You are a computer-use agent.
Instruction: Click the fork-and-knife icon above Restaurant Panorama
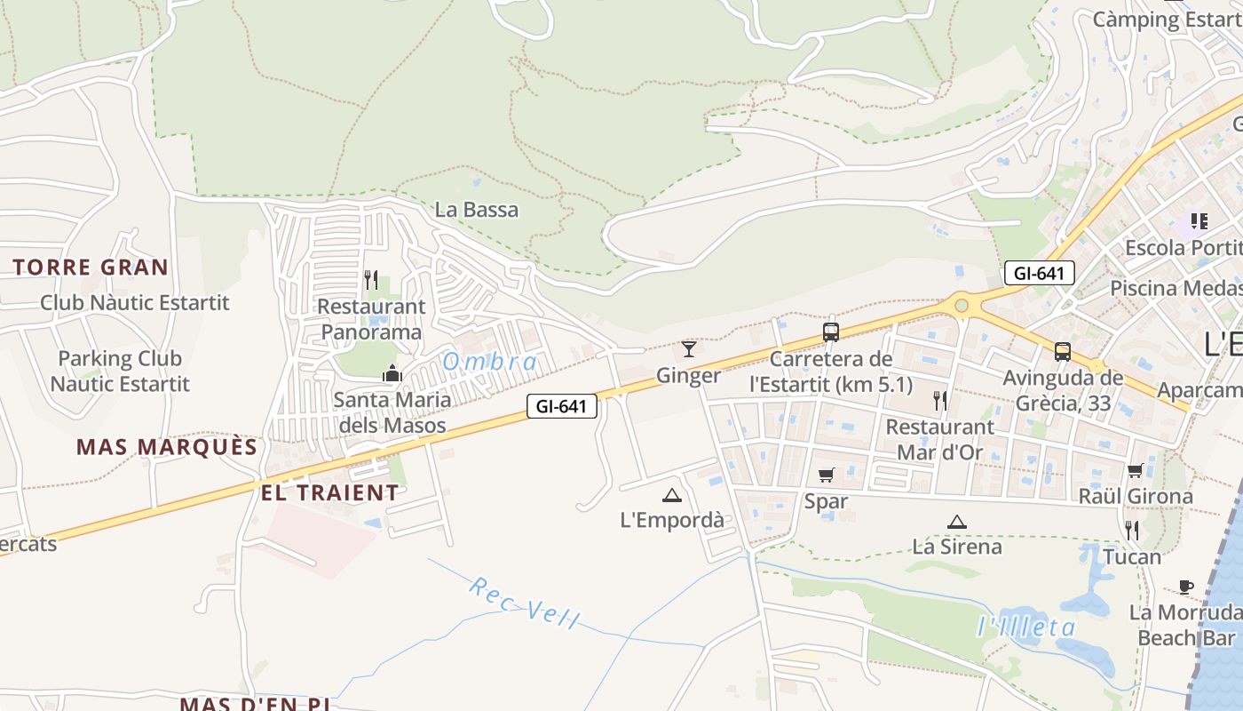[x=371, y=280]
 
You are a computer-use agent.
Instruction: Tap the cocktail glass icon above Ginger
[x=688, y=348]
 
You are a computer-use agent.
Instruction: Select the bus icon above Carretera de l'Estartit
[x=831, y=332]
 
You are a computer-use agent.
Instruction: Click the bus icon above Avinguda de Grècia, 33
[x=1063, y=351]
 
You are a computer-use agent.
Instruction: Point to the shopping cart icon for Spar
[x=827, y=475]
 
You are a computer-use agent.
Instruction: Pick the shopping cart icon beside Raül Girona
[x=1135, y=470]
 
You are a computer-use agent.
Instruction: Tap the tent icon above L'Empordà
[x=671, y=495]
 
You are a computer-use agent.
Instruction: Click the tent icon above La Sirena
[x=956, y=522]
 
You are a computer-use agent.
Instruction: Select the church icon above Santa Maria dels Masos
[x=392, y=373]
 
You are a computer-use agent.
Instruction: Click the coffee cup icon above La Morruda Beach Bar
[x=1186, y=587]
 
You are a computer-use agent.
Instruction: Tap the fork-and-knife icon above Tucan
[x=1132, y=531]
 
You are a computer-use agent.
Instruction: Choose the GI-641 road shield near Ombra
[x=562, y=407]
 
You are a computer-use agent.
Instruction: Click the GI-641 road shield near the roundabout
[x=1040, y=273]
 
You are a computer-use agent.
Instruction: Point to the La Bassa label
[x=477, y=210]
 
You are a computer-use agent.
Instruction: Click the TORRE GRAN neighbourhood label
[x=91, y=268]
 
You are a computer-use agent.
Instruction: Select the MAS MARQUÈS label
[x=167, y=447]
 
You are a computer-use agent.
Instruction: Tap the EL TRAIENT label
[x=330, y=492]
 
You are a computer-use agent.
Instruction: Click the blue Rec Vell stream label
[x=524, y=603]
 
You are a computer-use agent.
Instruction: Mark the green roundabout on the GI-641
[x=961, y=306]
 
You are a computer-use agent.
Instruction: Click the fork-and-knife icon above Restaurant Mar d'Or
[x=940, y=401]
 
